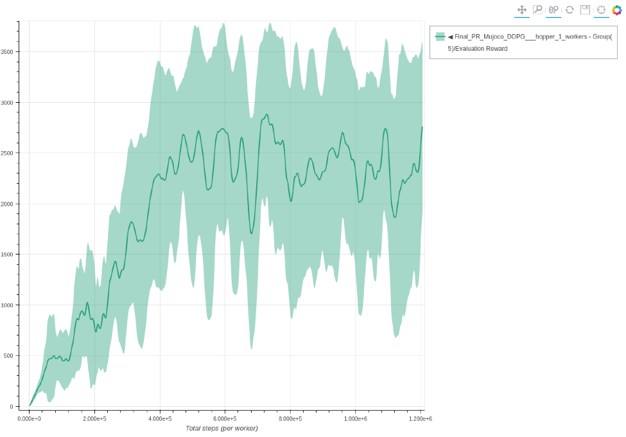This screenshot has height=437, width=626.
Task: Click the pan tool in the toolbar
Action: coord(522,10)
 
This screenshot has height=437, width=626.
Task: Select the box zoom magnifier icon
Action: coord(537,10)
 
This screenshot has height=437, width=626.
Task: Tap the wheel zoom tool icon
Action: coord(553,10)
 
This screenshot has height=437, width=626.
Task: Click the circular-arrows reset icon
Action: coord(569,10)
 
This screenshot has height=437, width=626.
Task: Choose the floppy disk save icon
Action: coord(585,10)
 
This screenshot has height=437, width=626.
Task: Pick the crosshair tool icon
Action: coord(601,10)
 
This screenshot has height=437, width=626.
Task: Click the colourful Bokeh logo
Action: coord(617,10)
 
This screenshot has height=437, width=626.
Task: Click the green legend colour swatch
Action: coord(440,37)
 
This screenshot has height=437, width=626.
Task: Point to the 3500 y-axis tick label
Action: coord(8,52)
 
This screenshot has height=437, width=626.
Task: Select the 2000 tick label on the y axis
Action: coord(8,204)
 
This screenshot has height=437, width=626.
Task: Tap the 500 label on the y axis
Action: coord(9,356)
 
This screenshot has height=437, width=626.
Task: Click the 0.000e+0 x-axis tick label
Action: coord(29,418)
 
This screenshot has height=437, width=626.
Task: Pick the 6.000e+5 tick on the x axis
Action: coord(225,418)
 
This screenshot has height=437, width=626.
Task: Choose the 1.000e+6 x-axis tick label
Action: coord(355,418)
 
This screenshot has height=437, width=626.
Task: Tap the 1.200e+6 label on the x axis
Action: coord(421,418)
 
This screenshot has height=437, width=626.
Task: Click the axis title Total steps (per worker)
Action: coord(222,428)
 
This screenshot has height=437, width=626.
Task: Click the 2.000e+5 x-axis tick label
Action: coord(94,418)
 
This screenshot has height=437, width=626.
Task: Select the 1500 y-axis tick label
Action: coord(8,254)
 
